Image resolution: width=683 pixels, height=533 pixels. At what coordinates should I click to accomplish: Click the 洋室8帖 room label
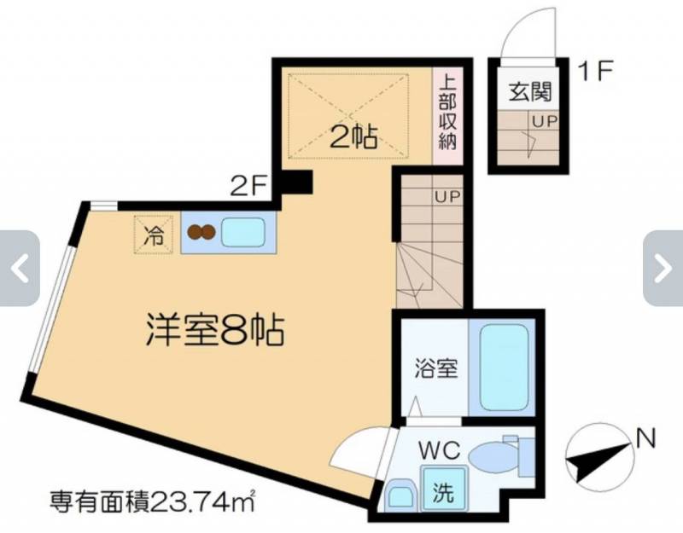tap(215, 330)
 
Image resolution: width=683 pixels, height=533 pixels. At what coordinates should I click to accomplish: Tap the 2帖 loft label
tap(353, 137)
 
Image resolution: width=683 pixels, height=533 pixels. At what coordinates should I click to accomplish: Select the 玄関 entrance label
tap(530, 92)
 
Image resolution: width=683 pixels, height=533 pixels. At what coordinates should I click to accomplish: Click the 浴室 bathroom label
tap(435, 368)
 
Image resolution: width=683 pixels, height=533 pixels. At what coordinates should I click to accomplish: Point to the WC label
tap(439, 450)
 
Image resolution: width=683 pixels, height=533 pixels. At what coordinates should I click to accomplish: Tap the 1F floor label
tap(595, 71)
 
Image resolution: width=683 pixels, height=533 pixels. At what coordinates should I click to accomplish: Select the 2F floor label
tap(248, 187)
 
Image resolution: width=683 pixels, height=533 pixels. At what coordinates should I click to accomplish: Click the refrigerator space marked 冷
tap(155, 235)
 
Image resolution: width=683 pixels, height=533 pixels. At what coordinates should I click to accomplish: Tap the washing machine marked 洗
tap(443, 488)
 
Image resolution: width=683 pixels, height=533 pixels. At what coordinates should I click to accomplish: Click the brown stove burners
tap(201, 232)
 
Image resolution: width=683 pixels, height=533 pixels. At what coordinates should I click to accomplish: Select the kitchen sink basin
tap(243, 232)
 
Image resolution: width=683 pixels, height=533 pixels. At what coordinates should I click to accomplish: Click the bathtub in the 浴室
tap(504, 368)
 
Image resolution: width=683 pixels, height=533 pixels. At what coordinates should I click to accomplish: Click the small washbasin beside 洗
tap(400, 495)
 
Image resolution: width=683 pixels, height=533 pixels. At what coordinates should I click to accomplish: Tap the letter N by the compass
tap(645, 439)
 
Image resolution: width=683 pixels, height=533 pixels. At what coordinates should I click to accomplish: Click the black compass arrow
tap(599, 462)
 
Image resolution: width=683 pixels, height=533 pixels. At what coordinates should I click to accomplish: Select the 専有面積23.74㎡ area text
tap(152, 501)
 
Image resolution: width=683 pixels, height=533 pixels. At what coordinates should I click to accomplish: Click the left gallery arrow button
tap(20, 269)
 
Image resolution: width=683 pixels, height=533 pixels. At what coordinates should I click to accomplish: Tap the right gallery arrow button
tap(663, 269)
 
